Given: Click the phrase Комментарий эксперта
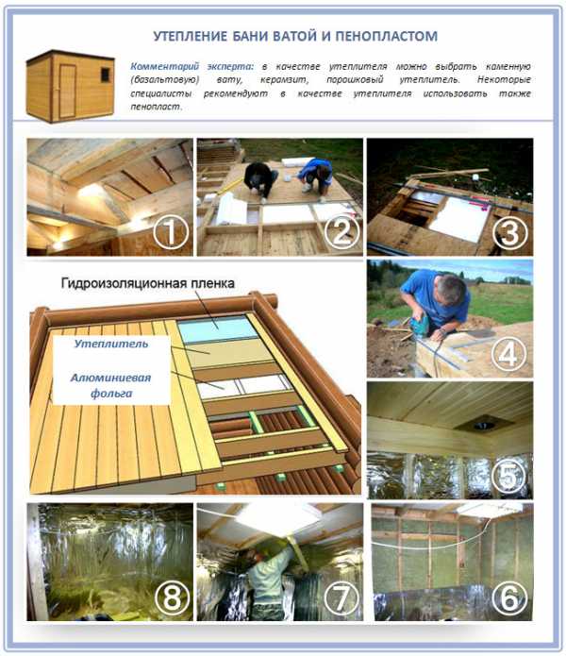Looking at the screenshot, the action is [x=191, y=66].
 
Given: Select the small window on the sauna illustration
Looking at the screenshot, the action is [x=106, y=75].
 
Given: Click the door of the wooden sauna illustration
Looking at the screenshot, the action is [x=67, y=91].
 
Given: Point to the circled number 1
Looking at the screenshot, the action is [x=170, y=233].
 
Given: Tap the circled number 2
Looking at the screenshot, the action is [x=341, y=232].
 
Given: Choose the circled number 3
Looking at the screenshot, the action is [x=510, y=232].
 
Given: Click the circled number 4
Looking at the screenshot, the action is [x=508, y=355].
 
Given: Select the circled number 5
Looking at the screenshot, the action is [x=509, y=476].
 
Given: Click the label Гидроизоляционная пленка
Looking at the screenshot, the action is [x=147, y=283].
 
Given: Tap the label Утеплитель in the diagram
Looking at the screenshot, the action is [x=111, y=344].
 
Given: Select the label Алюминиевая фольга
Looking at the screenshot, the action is [x=110, y=385].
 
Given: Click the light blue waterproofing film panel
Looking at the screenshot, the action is [x=217, y=329].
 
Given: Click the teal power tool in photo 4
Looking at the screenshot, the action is [x=419, y=326].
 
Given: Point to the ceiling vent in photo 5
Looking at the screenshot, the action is [x=484, y=425].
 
